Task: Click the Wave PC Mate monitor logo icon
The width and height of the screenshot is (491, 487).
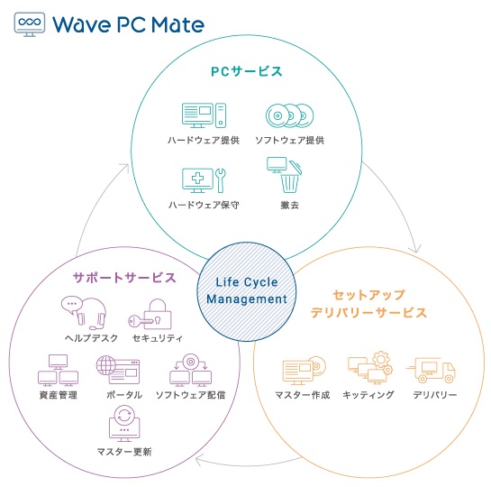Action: pyautogui.click(x=30, y=24)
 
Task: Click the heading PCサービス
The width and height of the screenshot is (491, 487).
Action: pyautogui.click(x=247, y=71)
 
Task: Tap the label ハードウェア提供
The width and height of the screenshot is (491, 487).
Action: pyautogui.click(x=204, y=140)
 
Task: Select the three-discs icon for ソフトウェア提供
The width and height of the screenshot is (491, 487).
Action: pyautogui.click(x=290, y=115)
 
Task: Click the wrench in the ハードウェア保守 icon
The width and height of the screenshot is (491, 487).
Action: pyautogui.click(x=221, y=180)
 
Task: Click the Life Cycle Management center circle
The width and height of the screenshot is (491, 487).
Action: pyautogui.click(x=247, y=291)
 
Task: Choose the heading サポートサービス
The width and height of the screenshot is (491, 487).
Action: pyautogui.click(x=124, y=278)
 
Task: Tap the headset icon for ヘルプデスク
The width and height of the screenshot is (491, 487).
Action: pyautogui.click(x=84, y=312)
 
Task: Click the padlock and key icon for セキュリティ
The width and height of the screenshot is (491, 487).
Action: pyautogui.click(x=150, y=315)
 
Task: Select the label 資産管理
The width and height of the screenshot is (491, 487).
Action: pyautogui.click(x=59, y=395)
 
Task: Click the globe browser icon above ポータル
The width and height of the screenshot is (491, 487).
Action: pyautogui.click(x=118, y=370)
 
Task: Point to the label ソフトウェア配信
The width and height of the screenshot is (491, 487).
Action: pyautogui.click(x=191, y=395)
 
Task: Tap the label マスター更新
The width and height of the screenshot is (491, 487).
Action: pyautogui.click(x=124, y=452)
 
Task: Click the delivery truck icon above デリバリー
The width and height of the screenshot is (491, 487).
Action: pyautogui.click(x=432, y=371)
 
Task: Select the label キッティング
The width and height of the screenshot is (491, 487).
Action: pyautogui.click(x=368, y=395)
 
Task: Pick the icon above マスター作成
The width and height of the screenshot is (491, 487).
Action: pyautogui.click(x=304, y=371)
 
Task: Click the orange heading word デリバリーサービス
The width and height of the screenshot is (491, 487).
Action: pyautogui.click(x=368, y=312)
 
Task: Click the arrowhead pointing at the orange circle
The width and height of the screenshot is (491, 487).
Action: pyautogui.click(x=416, y=248)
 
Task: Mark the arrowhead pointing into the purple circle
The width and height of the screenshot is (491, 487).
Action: pyautogui.click(x=198, y=461)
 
